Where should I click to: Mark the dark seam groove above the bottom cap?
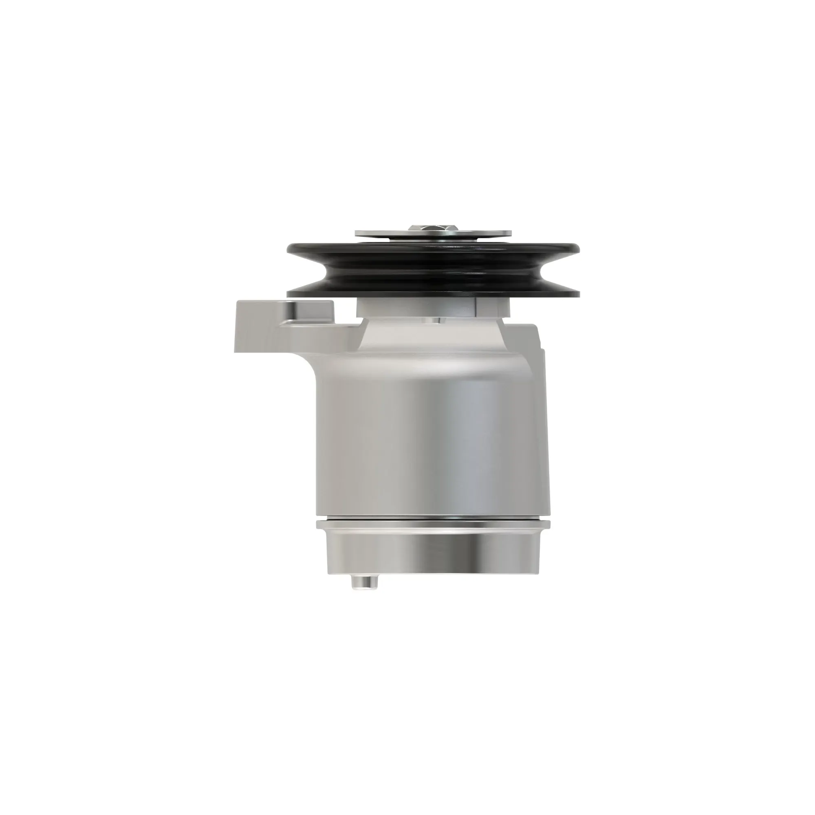pos(432,518)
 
